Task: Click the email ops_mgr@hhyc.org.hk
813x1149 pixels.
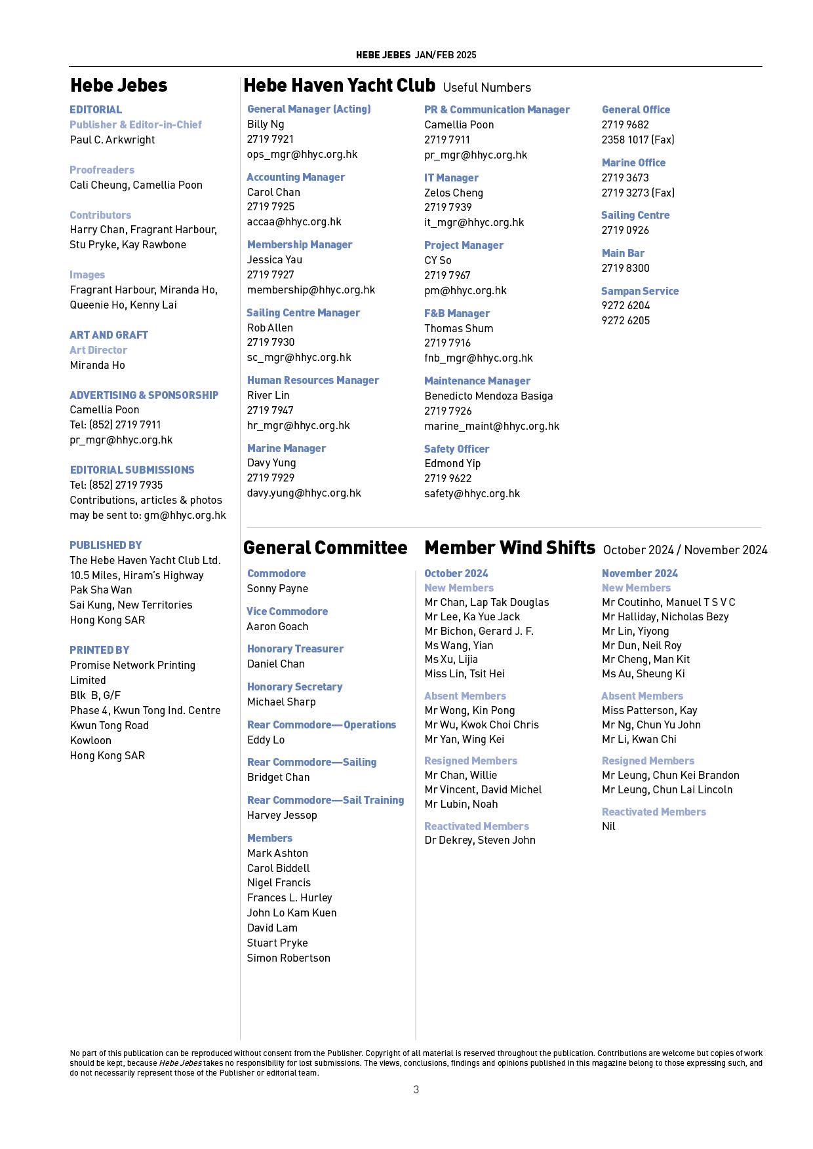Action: point(302,155)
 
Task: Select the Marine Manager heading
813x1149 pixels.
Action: point(287,448)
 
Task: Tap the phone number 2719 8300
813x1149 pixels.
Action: point(625,268)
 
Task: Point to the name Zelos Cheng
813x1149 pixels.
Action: point(454,193)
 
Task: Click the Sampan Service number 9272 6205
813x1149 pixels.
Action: point(625,320)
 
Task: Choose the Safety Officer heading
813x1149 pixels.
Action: point(456,449)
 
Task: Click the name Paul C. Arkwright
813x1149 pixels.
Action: point(112,140)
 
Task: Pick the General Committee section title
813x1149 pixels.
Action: point(325,548)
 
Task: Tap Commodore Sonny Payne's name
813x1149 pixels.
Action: point(277,588)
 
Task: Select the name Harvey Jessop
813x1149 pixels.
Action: point(282,815)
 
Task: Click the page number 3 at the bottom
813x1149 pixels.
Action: point(416,1089)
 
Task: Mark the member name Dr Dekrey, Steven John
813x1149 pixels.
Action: point(480,840)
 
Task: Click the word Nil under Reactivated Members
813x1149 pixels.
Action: point(608,826)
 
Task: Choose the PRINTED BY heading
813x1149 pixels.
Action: point(100,650)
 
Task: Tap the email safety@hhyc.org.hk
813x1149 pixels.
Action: point(472,493)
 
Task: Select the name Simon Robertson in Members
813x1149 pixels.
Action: point(288,958)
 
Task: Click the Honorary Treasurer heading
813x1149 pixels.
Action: point(295,649)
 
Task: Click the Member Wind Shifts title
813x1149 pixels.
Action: point(509,548)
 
